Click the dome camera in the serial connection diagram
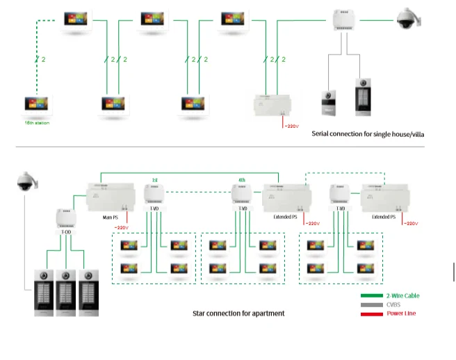405,19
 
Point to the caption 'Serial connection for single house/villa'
368,133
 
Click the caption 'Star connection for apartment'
238,313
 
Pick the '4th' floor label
242,180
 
